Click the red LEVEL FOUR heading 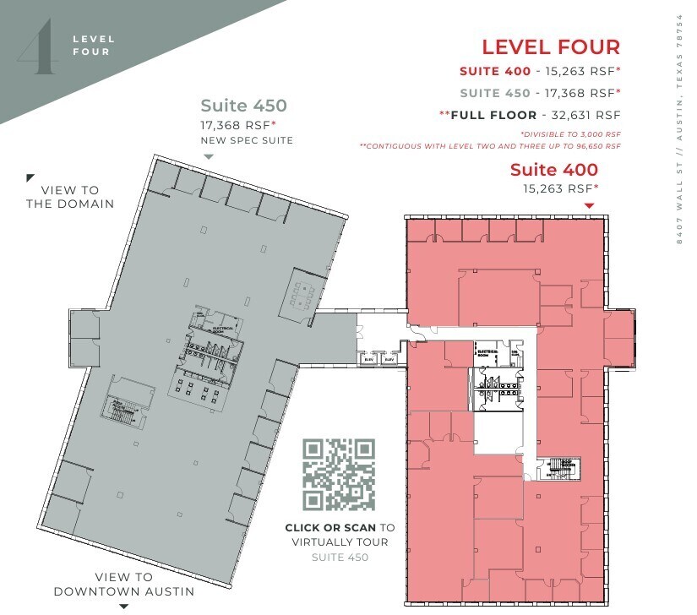(x=551, y=47)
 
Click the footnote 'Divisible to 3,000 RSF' (x=570, y=134)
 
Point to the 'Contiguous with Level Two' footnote (x=490, y=146)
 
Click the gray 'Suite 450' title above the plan (x=243, y=106)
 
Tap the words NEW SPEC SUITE (x=247, y=140)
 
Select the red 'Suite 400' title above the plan (x=553, y=170)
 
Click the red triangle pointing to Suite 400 (x=590, y=205)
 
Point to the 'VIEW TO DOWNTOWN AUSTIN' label (x=124, y=584)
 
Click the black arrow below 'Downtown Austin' (x=124, y=606)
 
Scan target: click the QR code (x=339, y=475)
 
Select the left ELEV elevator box (x=368, y=359)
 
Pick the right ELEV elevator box (x=389, y=359)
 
